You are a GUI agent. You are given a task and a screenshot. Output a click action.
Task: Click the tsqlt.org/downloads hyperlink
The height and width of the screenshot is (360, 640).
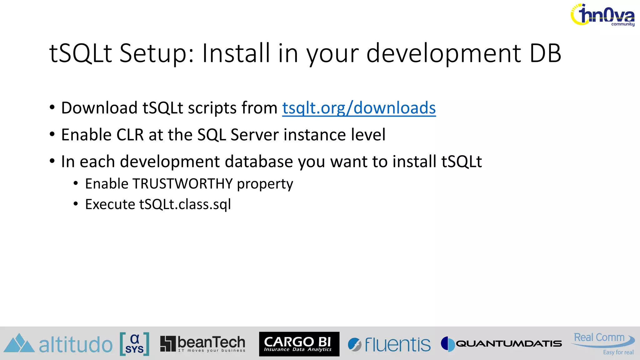(359, 108)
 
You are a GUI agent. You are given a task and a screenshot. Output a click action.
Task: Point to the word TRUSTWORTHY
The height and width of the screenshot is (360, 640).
(182, 184)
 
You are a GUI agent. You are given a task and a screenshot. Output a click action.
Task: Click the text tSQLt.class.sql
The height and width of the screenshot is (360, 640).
(185, 204)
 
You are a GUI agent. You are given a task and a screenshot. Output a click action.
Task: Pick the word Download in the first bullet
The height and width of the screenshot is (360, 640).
(99, 108)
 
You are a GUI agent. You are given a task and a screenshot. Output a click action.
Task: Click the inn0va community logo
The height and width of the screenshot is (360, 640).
(602, 15)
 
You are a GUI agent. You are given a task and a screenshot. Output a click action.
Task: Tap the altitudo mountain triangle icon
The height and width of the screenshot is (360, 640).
(19, 343)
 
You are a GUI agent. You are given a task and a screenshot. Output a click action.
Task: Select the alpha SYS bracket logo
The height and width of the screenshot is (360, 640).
(134, 344)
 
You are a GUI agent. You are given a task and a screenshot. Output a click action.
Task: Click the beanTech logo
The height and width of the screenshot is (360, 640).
(203, 344)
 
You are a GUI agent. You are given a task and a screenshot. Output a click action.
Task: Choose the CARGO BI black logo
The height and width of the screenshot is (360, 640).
(299, 344)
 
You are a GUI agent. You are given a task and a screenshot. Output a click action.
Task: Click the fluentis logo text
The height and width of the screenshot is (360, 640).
(397, 344)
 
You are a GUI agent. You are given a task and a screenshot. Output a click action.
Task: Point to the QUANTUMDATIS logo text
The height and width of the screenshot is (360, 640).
(508, 344)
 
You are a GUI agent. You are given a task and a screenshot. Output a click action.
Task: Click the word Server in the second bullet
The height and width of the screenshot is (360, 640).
(254, 135)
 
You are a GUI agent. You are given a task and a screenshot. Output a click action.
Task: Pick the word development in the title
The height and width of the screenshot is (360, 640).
(444, 53)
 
